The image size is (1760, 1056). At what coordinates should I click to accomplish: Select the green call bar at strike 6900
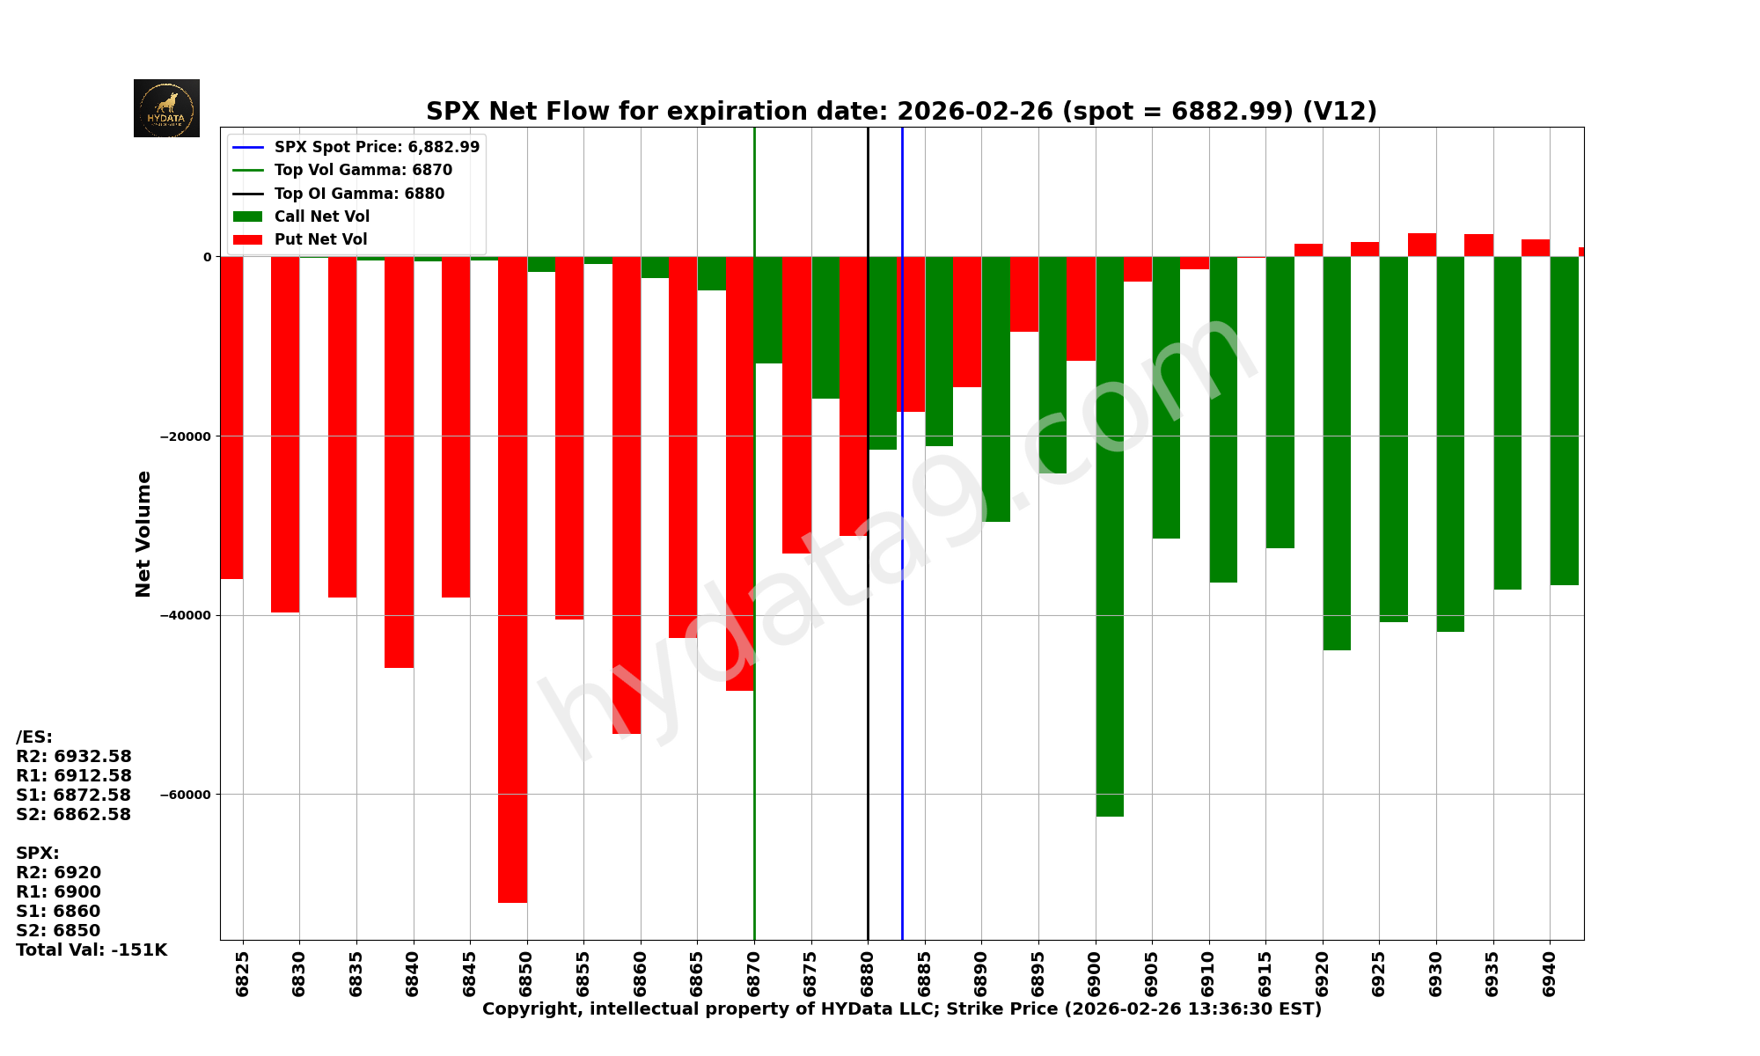pos(1110,536)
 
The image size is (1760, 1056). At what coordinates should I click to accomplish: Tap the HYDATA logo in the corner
pos(166,108)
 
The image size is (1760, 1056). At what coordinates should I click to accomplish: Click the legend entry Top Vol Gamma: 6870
pos(362,170)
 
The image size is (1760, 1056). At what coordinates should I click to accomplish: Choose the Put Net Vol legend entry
pos(320,239)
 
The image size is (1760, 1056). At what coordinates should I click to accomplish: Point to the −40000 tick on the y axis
pos(185,615)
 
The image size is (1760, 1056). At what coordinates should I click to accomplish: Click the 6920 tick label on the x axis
pos(1322,972)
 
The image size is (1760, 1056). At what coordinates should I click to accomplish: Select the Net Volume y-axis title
pos(143,533)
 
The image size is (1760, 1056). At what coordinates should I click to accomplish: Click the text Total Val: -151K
pos(92,950)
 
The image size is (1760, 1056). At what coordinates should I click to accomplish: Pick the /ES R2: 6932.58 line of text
pos(74,756)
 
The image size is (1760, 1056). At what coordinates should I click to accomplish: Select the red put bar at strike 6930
pos(1421,245)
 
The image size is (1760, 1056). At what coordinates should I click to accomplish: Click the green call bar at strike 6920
pos(1337,453)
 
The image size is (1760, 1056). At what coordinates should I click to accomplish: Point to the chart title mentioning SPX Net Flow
pos(901,112)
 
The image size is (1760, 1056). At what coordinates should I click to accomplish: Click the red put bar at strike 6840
pos(399,462)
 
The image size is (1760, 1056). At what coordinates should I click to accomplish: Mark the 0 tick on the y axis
pos(208,257)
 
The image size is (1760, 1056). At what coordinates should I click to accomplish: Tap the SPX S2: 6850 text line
pos(58,930)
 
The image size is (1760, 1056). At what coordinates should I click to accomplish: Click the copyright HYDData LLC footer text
pos(901,1008)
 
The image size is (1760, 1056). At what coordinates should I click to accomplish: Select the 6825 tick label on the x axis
pos(242,972)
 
